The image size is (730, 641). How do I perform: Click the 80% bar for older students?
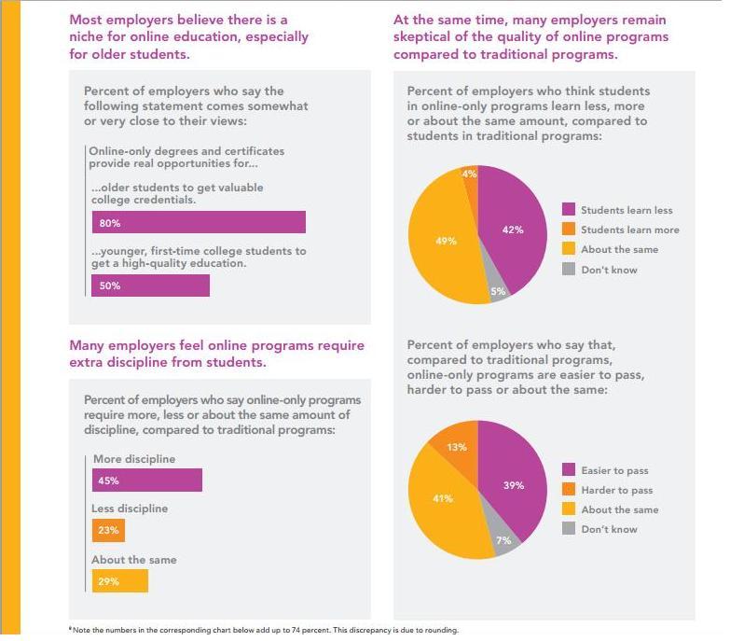[199, 222]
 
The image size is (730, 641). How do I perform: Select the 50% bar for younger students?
[150, 286]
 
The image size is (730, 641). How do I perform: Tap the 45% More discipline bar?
[147, 481]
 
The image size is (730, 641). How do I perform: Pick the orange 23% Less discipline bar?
[108, 531]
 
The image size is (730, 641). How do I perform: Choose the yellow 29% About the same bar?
[119, 581]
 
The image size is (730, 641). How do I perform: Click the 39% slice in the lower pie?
[514, 485]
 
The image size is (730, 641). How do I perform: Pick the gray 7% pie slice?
[503, 540]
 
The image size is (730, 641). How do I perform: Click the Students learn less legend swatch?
[569, 210]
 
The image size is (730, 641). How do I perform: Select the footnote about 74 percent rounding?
[264, 630]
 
